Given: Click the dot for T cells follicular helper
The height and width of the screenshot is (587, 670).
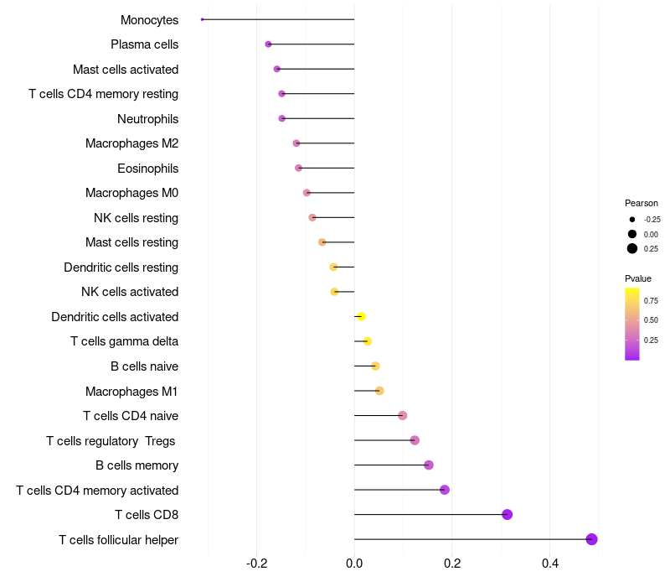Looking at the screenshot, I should [x=591, y=539].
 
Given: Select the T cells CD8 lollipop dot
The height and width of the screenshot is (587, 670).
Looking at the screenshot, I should [x=507, y=515].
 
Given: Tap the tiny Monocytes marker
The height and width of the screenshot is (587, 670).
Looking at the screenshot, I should [x=203, y=19].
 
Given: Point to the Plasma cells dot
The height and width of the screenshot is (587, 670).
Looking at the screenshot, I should [x=268, y=44].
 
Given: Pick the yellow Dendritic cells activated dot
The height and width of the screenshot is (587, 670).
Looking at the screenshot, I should [x=361, y=317].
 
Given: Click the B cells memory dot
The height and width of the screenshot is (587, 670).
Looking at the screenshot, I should [x=429, y=465].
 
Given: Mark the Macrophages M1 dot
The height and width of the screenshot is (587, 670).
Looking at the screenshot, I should [x=379, y=391].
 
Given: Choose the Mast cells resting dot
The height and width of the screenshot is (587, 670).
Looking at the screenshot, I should [x=322, y=242].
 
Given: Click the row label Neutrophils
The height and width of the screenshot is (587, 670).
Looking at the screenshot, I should [x=147, y=119].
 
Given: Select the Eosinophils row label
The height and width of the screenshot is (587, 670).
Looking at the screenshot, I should [x=147, y=169].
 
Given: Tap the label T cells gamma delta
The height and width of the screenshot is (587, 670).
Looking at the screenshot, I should [x=124, y=341].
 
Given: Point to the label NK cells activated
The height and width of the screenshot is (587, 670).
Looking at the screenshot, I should [x=130, y=292].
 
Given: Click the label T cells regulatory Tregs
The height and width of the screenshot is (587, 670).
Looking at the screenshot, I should [x=112, y=440].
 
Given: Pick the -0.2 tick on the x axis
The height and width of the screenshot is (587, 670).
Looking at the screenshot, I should [x=257, y=562].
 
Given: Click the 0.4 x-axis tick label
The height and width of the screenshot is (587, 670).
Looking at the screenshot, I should [x=550, y=562].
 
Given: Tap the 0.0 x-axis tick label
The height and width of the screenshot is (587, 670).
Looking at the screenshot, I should [x=354, y=562].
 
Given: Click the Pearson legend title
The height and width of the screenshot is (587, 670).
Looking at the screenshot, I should [x=642, y=203].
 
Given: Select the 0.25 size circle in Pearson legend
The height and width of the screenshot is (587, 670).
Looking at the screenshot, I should [x=632, y=248].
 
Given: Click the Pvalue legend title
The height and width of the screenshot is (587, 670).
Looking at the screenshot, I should [x=638, y=278].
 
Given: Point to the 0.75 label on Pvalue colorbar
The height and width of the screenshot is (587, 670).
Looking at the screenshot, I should [x=651, y=300].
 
